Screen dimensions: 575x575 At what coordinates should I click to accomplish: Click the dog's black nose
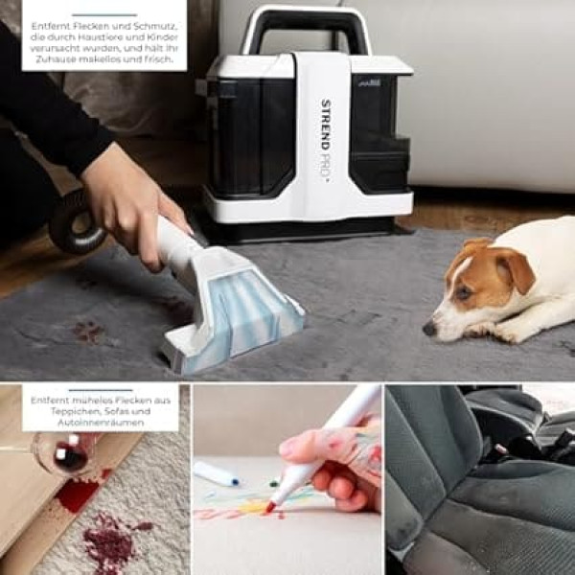[x=428, y=328]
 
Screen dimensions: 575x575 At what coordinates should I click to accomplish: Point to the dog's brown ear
[x=514, y=268]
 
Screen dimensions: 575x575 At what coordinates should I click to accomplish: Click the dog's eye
[x=464, y=292]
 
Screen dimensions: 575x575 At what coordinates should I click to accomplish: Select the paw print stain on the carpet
[x=88, y=332]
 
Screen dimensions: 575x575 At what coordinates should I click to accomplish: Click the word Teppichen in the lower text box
[x=71, y=411]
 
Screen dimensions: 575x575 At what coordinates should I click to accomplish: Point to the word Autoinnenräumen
[x=101, y=423]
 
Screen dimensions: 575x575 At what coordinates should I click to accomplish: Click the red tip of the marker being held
[x=271, y=507]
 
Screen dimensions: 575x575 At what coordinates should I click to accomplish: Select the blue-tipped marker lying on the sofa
[x=217, y=473]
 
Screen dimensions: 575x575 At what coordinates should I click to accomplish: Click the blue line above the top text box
[x=104, y=15]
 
